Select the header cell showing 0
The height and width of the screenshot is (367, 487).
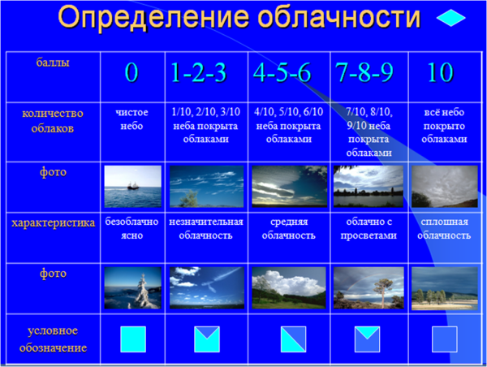131,73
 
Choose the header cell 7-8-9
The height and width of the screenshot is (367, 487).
364,72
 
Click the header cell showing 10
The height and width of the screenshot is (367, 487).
439,73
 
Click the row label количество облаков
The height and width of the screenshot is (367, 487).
51,120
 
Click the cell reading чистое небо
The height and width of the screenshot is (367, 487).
131,119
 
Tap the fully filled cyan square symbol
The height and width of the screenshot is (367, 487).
132,339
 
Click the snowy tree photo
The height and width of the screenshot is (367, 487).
132,288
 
